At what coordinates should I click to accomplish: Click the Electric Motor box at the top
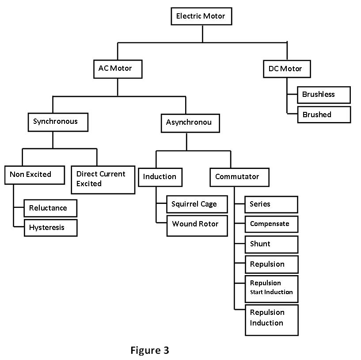tap(201, 16)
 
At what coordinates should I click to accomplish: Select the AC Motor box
tap(118, 69)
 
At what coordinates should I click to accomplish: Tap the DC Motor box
tap(285, 69)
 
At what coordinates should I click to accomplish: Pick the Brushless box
tap(323, 95)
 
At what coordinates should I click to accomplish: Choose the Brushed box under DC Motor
tap(323, 115)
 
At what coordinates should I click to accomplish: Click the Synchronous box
tap(57, 122)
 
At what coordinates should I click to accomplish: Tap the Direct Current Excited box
tap(103, 179)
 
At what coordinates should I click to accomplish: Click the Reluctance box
tap(50, 208)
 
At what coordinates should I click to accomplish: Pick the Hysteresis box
tap(50, 228)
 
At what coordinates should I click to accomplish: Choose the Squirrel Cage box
tap(197, 204)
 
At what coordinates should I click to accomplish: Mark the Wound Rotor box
tap(197, 224)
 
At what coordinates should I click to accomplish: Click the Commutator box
tap(239, 177)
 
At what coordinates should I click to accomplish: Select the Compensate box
tap(271, 224)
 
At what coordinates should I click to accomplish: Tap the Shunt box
tap(271, 244)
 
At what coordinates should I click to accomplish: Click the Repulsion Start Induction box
tap(271, 287)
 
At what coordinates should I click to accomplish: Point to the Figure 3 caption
tap(150, 351)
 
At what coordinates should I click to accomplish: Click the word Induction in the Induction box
tap(160, 177)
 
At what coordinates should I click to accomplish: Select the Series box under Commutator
tap(271, 204)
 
